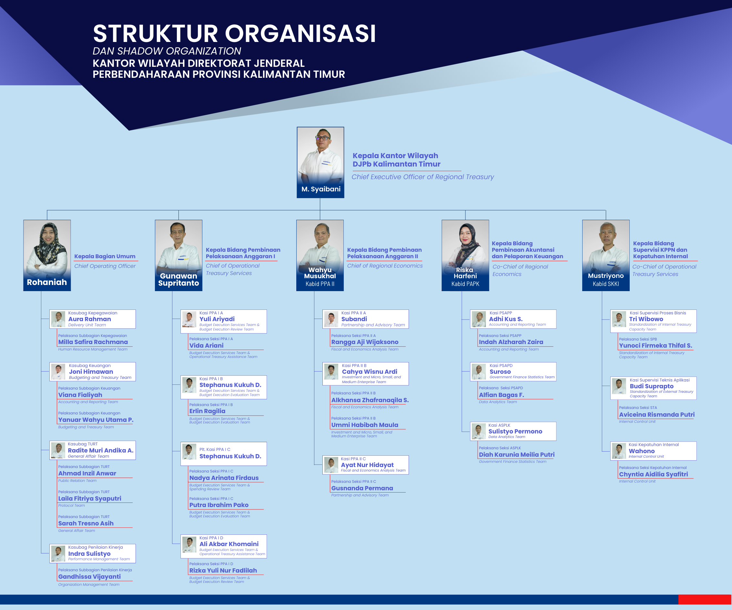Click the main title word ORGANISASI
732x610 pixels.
pos(300,34)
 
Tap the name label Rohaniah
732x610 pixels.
pos(47,282)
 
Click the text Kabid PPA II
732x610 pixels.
pos(320,284)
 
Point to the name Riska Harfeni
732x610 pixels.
pos(465,273)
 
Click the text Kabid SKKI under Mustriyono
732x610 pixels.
pos(606,284)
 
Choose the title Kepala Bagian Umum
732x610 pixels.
pos(105,256)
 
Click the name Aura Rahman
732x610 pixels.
pos(90,319)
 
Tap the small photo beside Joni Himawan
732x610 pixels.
pos(58,371)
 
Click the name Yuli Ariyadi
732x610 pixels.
pos(217,319)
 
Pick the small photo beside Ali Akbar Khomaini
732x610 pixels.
pos(189,545)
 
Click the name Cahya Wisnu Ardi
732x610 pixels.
pos(370,371)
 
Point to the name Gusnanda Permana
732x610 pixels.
pos(362,488)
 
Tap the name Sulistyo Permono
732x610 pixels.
pos(515,431)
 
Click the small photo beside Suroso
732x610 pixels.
pos(479,371)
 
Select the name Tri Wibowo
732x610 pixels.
pos(646,319)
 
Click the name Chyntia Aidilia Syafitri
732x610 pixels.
pos(654,474)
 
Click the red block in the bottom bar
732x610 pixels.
pos(705,600)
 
